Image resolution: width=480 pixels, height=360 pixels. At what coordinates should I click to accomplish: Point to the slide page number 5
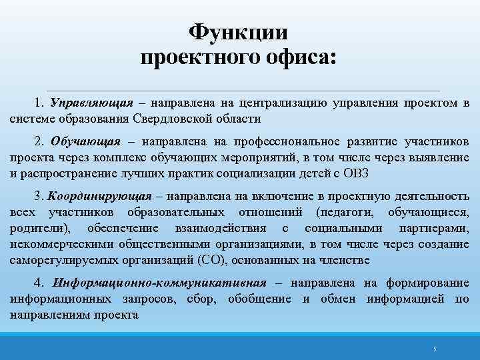[x=434, y=349]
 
